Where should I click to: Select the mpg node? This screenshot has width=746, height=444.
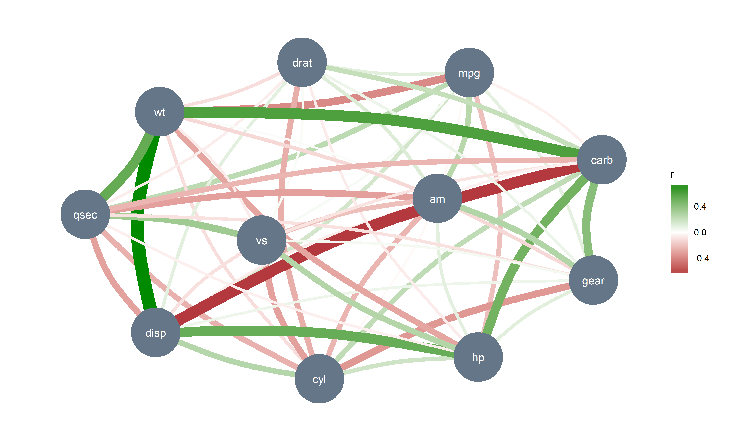click(469, 73)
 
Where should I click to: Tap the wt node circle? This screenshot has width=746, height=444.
click(160, 112)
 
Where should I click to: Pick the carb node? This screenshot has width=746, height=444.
click(601, 160)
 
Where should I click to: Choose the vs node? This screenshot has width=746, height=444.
click(261, 240)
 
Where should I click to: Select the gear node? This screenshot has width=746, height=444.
click(593, 280)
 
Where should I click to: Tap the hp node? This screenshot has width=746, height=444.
click(478, 357)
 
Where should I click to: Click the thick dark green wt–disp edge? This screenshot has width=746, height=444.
click(137, 227)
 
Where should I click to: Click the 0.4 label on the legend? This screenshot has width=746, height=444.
click(700, 206)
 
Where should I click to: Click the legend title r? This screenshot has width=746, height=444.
click(672, 174)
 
